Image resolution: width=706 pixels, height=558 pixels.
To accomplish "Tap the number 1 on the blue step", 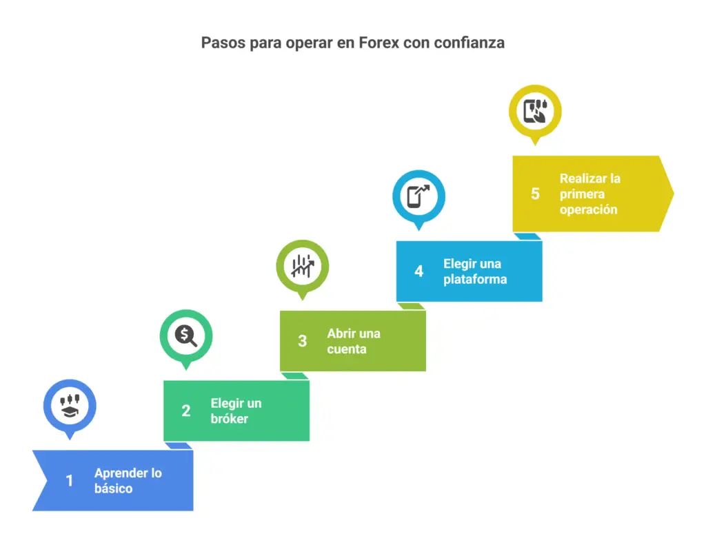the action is click(x=70, y=481).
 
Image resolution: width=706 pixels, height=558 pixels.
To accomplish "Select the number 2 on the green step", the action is click(x=186, y=411).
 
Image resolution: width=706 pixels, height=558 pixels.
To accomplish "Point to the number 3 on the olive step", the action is click(x=302, y=340).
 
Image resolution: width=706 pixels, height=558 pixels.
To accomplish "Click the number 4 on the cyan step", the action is click(x=418, y=271).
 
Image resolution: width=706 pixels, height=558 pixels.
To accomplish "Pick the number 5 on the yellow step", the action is click(x=535, y=194).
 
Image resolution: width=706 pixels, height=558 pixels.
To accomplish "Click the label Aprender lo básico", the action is click(x=128, y=481).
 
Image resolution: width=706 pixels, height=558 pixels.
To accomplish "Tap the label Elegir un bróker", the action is click(x=236, y=411).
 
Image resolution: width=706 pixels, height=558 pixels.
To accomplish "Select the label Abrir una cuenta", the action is click(x=354, y=341).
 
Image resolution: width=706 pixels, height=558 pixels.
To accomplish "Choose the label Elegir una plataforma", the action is click(x=475, y=271).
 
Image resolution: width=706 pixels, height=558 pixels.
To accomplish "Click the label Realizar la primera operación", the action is click(x=590, y=194).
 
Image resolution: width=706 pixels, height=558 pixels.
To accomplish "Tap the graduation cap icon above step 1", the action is click(x=70, y=406).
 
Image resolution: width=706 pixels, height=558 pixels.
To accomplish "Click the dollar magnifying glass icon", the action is click(x=186, y=335).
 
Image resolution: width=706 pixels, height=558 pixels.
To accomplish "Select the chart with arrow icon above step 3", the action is click(x=303, y=266).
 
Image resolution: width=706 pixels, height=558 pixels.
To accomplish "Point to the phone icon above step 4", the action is click(x=418, y=196).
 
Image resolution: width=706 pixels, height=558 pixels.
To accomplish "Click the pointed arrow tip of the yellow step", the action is click(x=674, y=194).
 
